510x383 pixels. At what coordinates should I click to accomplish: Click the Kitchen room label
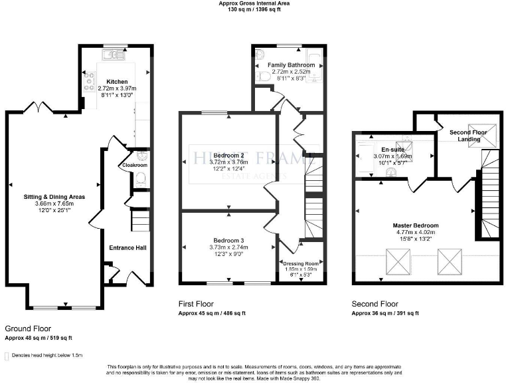click(108, 81)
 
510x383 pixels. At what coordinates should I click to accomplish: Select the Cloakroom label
click(135, 165)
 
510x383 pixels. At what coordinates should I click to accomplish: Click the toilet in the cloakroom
click(140, 178)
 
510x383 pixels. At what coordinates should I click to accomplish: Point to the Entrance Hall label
click(127, 248)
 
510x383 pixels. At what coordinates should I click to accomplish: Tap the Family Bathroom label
click(291, 65)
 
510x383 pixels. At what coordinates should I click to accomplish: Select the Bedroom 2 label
click(228, 155)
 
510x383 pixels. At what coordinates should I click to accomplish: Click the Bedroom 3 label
click(228, 240)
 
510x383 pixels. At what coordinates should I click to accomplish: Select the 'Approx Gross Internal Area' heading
click(254, 3)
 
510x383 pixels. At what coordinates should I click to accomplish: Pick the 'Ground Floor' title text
click(28, 328)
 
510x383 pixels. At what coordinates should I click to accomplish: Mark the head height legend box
click(7, 356)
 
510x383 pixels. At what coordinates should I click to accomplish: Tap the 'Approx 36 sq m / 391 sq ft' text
click(385, 313)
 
